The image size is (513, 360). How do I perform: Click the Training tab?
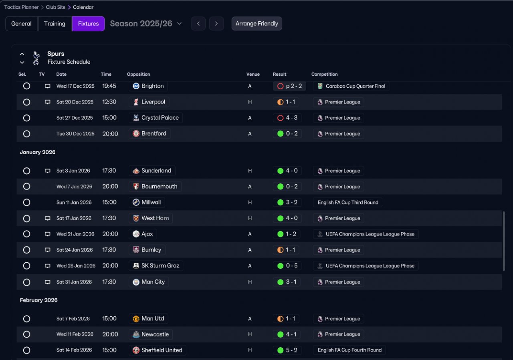click(x=55, y=24)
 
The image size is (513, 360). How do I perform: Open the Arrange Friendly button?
click(x=256, y=24)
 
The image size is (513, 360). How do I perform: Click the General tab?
click(x=21, y=24)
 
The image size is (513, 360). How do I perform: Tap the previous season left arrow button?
click(x=198, y=24)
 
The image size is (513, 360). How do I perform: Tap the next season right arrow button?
click(x=216, y=24)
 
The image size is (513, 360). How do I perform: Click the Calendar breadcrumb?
click(x=83, y=7)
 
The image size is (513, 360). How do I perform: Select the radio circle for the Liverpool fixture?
click(x=26, y=102)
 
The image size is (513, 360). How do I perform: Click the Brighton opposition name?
click(x=152, y=86)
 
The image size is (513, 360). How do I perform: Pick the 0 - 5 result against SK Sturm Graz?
click(x=287, y=266)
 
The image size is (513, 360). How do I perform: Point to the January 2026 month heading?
click(x=38, y=152)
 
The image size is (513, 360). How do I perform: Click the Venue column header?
click(x=253, y=74)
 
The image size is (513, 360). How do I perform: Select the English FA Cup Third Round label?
click(x=347, y=203)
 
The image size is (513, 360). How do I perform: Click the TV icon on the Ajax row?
click(x=47, y=234)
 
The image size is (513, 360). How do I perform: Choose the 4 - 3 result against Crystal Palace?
click(x=287, y=118)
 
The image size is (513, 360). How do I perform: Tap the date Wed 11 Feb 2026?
click(x=75, y=334)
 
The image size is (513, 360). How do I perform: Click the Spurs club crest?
click(x=36, y=58)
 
